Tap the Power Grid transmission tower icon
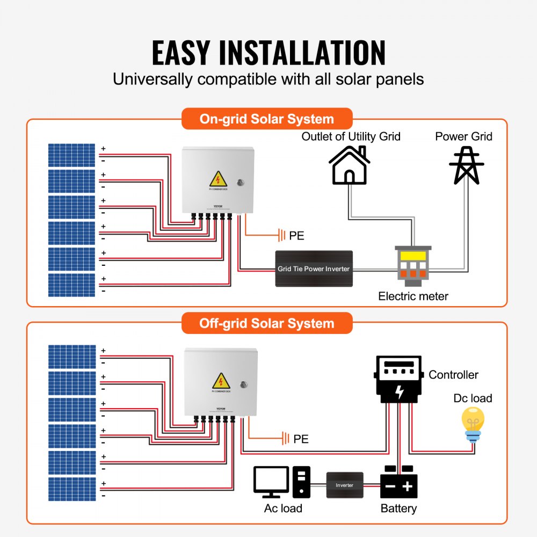[466, 164]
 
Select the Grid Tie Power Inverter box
[314, 268]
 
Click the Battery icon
[398, 483]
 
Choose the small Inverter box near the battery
[345, 485]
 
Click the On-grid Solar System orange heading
[267, 119]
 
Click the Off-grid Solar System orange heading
[267, 323]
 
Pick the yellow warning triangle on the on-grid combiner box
[217, 178]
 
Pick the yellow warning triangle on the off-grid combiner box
[221, 381]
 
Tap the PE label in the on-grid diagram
[297, 235]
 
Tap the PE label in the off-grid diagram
[301, 439]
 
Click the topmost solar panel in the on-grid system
[71, 155]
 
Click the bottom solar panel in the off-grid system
[72, 489]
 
